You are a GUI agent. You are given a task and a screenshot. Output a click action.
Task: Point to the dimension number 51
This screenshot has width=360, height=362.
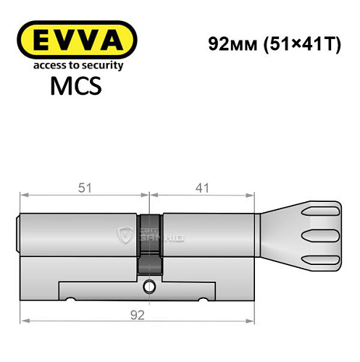84,188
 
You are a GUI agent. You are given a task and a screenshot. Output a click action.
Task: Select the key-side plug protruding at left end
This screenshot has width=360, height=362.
20,234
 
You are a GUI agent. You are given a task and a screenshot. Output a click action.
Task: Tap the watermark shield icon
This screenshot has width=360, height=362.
122,233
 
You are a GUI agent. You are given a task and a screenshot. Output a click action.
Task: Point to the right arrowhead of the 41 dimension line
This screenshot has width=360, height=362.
254,194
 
